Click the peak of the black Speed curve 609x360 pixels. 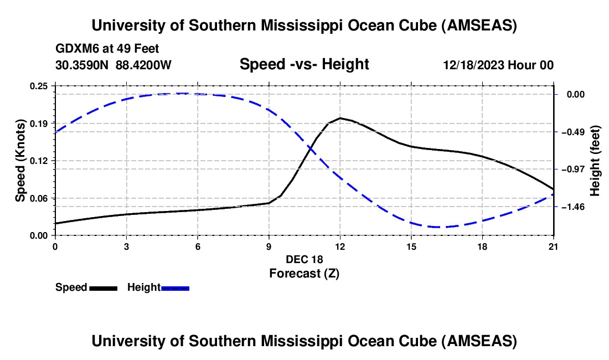340,118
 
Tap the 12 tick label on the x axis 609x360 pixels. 340,246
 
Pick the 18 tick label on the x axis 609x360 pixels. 482,246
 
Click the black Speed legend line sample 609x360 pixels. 104,288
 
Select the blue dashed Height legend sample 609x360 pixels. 176,288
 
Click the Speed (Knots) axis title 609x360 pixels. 20,161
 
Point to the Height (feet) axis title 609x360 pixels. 596,161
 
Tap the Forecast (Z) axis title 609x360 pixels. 304,273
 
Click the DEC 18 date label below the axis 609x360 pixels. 304,259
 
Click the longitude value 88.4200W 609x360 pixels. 143,65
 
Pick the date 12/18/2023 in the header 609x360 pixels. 473,65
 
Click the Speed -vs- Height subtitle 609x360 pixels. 304,64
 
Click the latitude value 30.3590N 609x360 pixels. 82,65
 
